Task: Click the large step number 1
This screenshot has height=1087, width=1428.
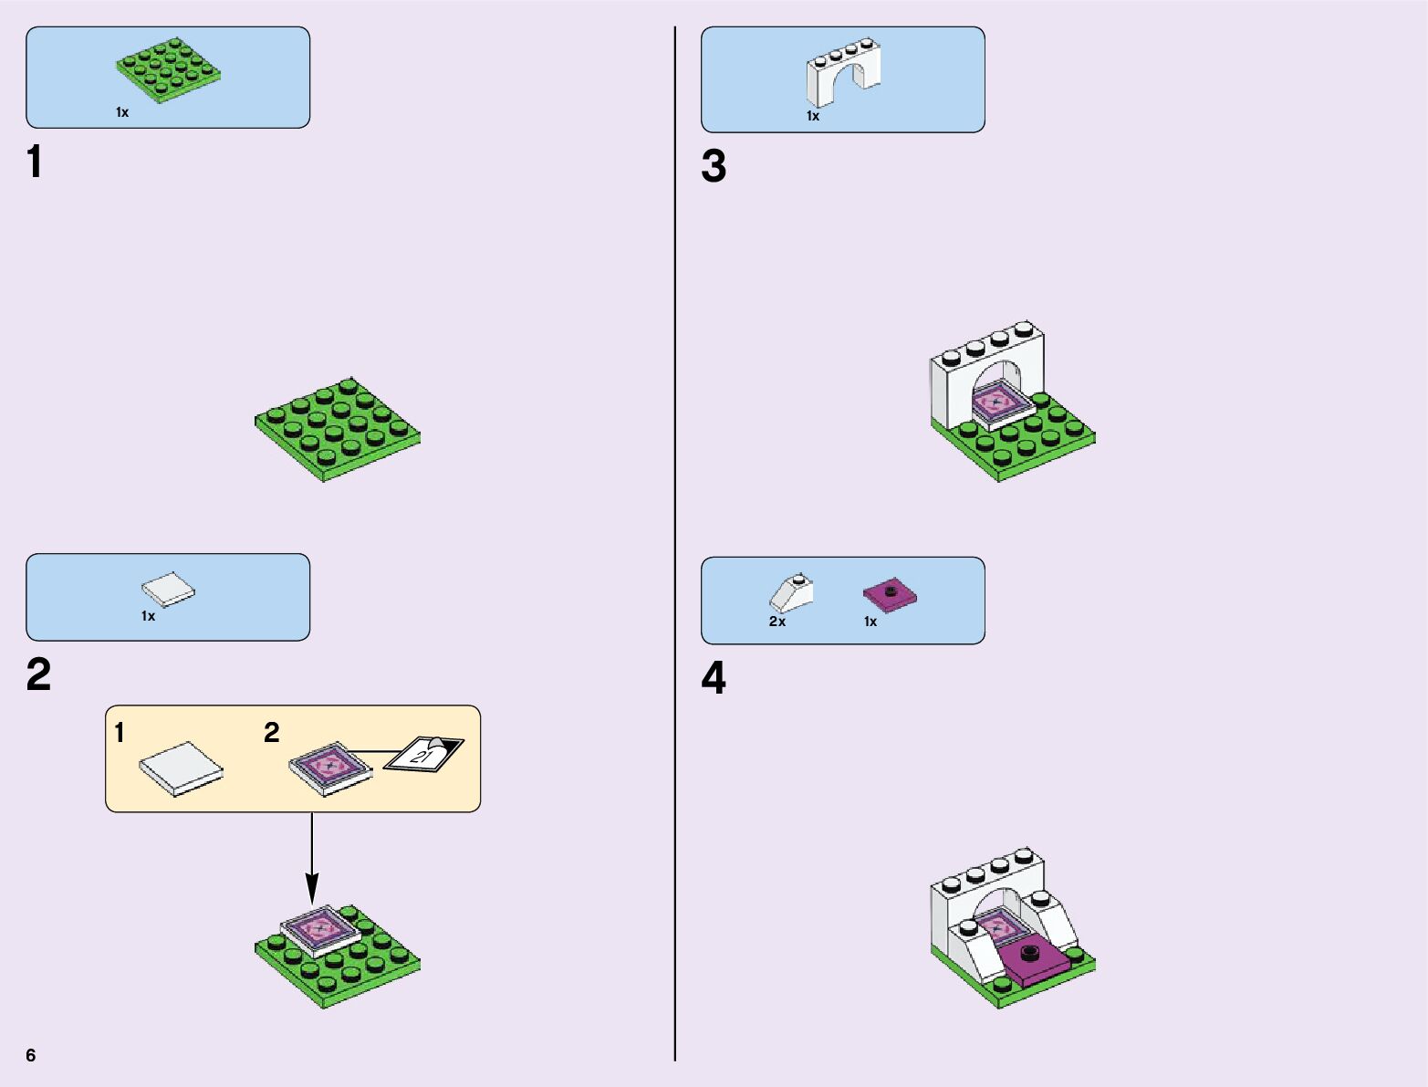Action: tap(35, 163)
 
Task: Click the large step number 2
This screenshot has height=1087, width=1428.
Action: tap(38, 675)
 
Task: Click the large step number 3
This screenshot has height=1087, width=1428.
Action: tap(714, 167)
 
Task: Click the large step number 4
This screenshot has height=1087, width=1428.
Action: tap(714, 679)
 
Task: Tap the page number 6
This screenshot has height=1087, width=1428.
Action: tap(31, 1055)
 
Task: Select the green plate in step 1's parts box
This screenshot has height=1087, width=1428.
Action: tap(168, 70)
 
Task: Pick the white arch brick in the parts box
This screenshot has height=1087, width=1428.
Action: tap(843, 73)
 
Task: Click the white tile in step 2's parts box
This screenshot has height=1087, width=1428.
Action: tap(169, 591)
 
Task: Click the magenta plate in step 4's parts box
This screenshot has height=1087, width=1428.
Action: tap(890, 595)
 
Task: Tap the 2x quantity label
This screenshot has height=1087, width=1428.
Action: tap(777, 622)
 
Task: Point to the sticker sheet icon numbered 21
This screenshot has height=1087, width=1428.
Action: tap(424, 753)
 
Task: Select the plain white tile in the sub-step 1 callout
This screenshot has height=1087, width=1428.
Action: tap(181, 768)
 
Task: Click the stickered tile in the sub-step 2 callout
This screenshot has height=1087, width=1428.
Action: tap(329, 767)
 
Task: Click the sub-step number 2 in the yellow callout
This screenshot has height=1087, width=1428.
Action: tap(271, 733)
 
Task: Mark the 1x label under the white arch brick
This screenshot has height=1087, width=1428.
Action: tap(813, 117)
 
